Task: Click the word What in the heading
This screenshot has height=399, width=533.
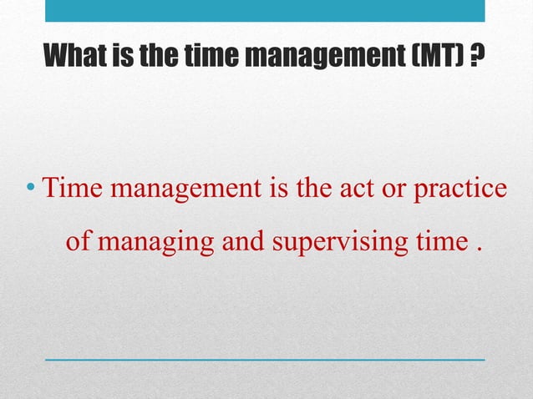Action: [x=76, y=58]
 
